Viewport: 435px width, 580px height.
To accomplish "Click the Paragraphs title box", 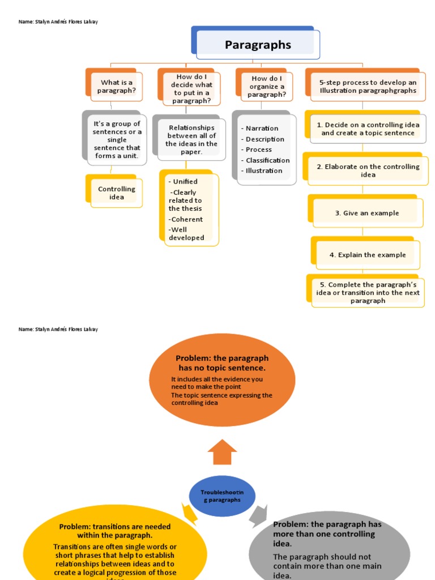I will (x=258, y=45).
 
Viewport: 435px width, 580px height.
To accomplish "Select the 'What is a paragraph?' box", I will (x=117, y=87).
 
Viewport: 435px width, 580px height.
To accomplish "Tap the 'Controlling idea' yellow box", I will (x=117, y=193).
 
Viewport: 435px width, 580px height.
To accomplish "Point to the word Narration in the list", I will (x=262, y=129).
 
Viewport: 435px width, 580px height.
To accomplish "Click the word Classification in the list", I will (x=267, y=160).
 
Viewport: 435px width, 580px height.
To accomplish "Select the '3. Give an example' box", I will (x=366, y=213).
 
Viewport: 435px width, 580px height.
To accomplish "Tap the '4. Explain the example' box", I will (x=368, y=255).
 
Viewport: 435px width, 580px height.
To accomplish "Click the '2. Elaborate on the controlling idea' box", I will (x=368, y=170).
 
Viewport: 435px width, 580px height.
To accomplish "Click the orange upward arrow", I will (x=222, y=452).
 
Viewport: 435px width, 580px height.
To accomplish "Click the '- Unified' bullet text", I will (x=183, y=182).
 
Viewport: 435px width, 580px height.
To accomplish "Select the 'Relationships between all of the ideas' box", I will (x=191, y=140).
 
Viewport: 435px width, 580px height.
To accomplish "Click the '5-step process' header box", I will (x=368, y=87).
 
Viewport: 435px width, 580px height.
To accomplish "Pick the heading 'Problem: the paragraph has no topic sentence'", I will (x=222, y=363).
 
